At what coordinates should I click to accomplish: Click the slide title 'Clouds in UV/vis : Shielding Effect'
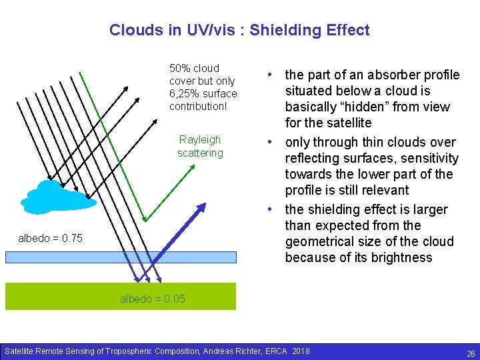pyautogui.click(x=239, y=30)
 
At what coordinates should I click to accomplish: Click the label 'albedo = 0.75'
pyautogui.click(x=50, y=238)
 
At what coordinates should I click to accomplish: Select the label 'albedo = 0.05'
pyautogui.click(x=153, y=299)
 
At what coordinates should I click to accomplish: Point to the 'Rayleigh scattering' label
pyautogui.click(x=200, y=146)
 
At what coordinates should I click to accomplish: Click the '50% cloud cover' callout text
pyautogui.click(x=194, y=74)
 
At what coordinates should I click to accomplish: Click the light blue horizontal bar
pyautogui.click(x=120, y=257)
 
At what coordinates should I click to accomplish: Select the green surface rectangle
pyautogui.click(x=67, y=297)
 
